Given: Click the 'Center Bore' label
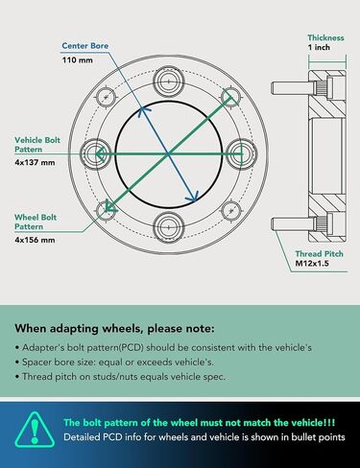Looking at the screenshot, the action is coord(85,46).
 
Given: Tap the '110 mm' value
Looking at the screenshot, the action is coord(78,59).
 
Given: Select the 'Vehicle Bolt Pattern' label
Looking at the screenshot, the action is coord(37,145).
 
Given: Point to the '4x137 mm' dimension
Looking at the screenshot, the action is coord(35,162).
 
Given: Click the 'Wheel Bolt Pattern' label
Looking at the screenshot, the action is coord(36,222).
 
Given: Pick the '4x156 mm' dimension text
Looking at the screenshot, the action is coord(35,240).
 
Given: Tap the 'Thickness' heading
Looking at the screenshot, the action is coord(325,37).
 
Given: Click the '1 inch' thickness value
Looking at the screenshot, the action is coord(319,47).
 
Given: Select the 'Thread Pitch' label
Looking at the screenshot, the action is coord(319,254).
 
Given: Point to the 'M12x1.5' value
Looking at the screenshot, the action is coord(312,264).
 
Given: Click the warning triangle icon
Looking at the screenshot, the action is coord(35,430).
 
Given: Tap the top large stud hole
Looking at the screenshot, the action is coord(169,82).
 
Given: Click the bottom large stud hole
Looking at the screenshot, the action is coord(169,227).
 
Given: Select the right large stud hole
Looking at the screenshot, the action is coord(242,154).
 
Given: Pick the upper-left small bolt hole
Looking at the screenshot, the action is coord(106,97).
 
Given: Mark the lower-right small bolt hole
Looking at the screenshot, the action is coord(231,211).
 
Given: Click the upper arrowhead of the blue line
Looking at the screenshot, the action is coord(143,110).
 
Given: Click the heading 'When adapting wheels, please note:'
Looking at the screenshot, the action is coord(114,328).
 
